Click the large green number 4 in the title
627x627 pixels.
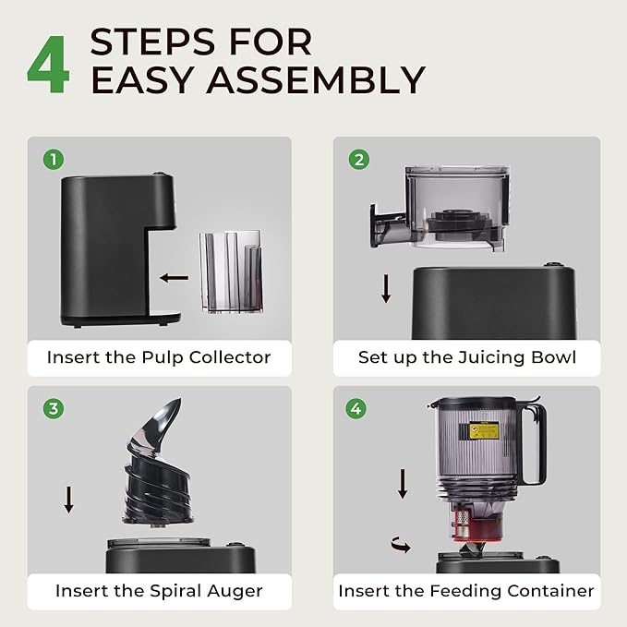(x=48, y=64)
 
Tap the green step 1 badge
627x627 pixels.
(x=54, y=160)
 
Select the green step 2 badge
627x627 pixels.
(x=359, y=160)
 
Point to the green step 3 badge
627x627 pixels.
(x=54, y=409)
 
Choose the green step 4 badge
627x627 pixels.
(x=356, y=409)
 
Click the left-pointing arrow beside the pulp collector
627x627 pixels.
(x=174, y=278)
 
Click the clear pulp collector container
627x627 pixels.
(x=231, y=271)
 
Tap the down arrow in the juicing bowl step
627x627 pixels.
(x=386, y=288)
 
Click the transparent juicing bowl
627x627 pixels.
(x=440, y=208)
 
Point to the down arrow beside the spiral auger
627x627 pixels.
(x=68, y=500)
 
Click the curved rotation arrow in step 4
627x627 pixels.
(x=401, y=545)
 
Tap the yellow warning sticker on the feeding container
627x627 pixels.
(x=484, y=430)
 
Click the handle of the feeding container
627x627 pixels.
(x=532, y=444)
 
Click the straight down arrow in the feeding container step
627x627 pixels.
(x=403, y=484)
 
